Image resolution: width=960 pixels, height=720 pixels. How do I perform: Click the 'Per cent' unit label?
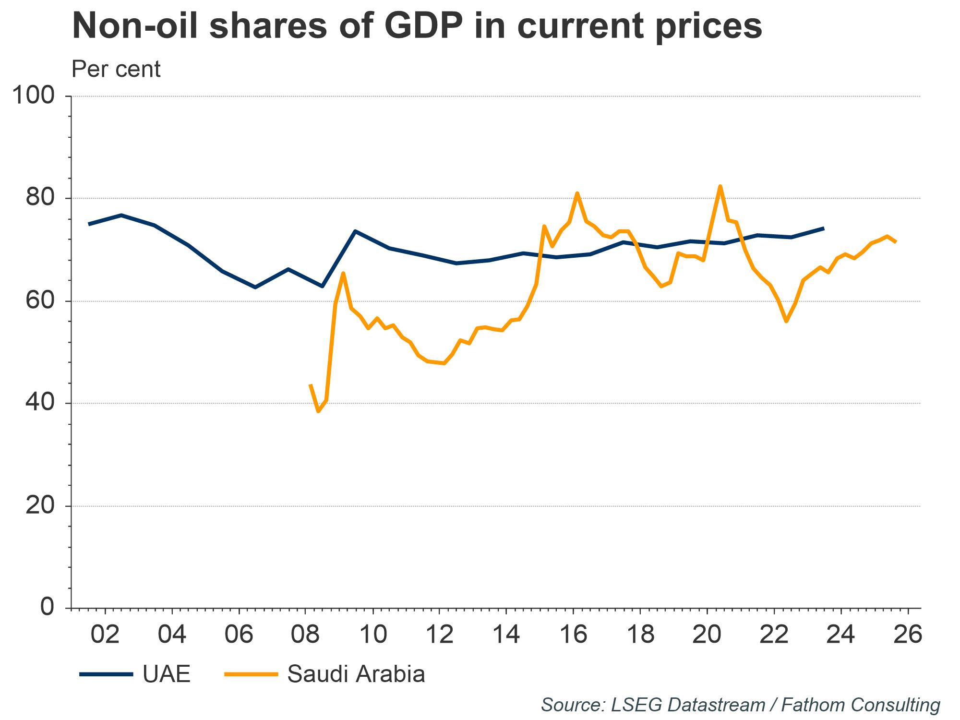[116, 70]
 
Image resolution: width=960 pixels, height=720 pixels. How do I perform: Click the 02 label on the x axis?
[105, 635]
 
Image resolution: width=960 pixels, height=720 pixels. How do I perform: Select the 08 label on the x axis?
[305, 635]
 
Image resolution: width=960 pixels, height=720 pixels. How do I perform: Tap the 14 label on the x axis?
[506, 635]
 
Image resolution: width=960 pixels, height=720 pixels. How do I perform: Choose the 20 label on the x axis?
[707, 635]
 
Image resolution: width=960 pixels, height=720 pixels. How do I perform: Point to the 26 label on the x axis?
[908, 635]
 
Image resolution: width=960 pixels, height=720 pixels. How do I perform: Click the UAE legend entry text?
[167, 674]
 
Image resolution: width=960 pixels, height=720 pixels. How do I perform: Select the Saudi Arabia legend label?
[356, 674]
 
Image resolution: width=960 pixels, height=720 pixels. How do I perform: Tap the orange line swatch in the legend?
[251, 674]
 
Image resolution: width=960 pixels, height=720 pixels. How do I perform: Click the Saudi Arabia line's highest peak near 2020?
[720, 186]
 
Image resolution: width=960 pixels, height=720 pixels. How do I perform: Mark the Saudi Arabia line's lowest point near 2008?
[318, 411]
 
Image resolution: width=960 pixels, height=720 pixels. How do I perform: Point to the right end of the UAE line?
[824, 228]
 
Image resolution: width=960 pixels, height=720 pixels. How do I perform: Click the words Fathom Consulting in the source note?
[861, 705]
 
